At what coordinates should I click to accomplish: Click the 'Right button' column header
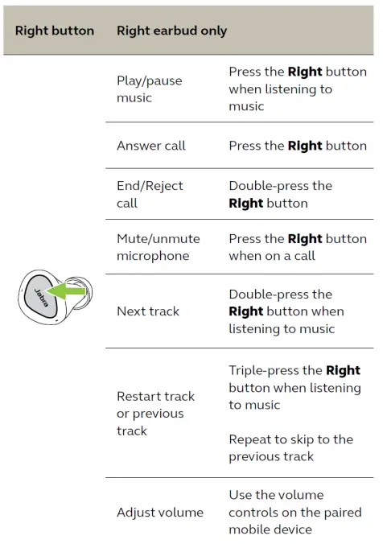point(54,31)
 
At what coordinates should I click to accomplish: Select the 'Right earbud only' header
point(171,31)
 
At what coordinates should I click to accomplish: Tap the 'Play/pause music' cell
point(150,89)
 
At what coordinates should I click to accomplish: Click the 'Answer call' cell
point(151,146)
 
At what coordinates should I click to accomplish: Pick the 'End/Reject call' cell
point(150,194)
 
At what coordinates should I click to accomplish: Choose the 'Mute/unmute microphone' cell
point(158,247)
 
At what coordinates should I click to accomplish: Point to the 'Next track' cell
point(148,311)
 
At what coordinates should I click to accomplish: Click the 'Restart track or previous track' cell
point(155,414)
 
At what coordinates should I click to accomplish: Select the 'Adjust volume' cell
point(160,513)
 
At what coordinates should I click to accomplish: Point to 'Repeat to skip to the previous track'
point(290,447)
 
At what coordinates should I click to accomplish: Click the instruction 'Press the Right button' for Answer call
point(297,146)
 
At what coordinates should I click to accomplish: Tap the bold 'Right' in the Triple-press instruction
point(343,371)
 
